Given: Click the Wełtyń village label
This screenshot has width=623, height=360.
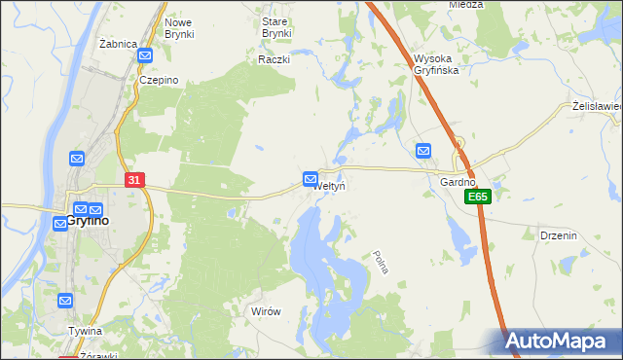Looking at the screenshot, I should click(330, 186).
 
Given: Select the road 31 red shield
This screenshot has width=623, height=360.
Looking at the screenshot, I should click(135, 180).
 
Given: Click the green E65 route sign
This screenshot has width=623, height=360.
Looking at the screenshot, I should click(476, 197).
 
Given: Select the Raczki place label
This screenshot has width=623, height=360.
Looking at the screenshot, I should click(275, 59).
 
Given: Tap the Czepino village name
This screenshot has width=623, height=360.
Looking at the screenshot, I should click(157, 81).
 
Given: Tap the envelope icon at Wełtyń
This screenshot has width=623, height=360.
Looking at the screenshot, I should click(310, 179).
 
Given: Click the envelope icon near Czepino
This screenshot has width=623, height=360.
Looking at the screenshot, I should click(145, 57).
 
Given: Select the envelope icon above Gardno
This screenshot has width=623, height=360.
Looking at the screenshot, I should click(423, 151).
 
